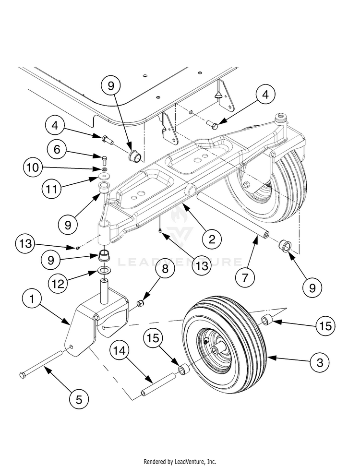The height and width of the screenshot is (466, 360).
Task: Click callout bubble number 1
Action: pyautogui.click(x=32, y=299)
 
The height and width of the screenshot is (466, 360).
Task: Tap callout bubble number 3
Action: pyautogui.click(x=320, y=362)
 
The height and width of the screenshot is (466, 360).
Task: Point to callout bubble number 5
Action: pyautogui.click(x=79, y=399)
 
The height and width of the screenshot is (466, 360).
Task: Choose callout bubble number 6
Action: pyautogui.click(x=57, y=149)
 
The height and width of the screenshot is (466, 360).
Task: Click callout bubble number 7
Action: pyautogui.click(x=245, y=277)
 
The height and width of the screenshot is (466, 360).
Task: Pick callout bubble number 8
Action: pyautogui.click(x=165, y=269)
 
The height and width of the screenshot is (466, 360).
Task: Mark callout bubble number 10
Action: pyautogui.click(x=33, y=167)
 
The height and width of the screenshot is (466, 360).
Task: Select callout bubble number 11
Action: pyautogui.click(x=52, y=189)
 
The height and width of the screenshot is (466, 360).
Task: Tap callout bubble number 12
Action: pyautogui.click(x=58, y=284)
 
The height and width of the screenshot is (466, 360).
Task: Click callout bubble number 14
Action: pyautogui.click(x=120, y=351)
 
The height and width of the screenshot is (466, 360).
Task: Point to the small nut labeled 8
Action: pyautogui.click(x=140, y=303)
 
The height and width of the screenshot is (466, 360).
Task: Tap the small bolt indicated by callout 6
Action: pyautogui.click(x=104, y=160)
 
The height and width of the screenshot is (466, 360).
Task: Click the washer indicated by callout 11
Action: pyautogui.click(x=104, y=177)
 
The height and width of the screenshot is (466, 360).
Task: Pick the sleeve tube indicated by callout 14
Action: pyautogui.click(x=158, y=383)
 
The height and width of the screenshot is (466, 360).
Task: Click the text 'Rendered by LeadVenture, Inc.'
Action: pyautogui.click(x=180, y=462)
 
